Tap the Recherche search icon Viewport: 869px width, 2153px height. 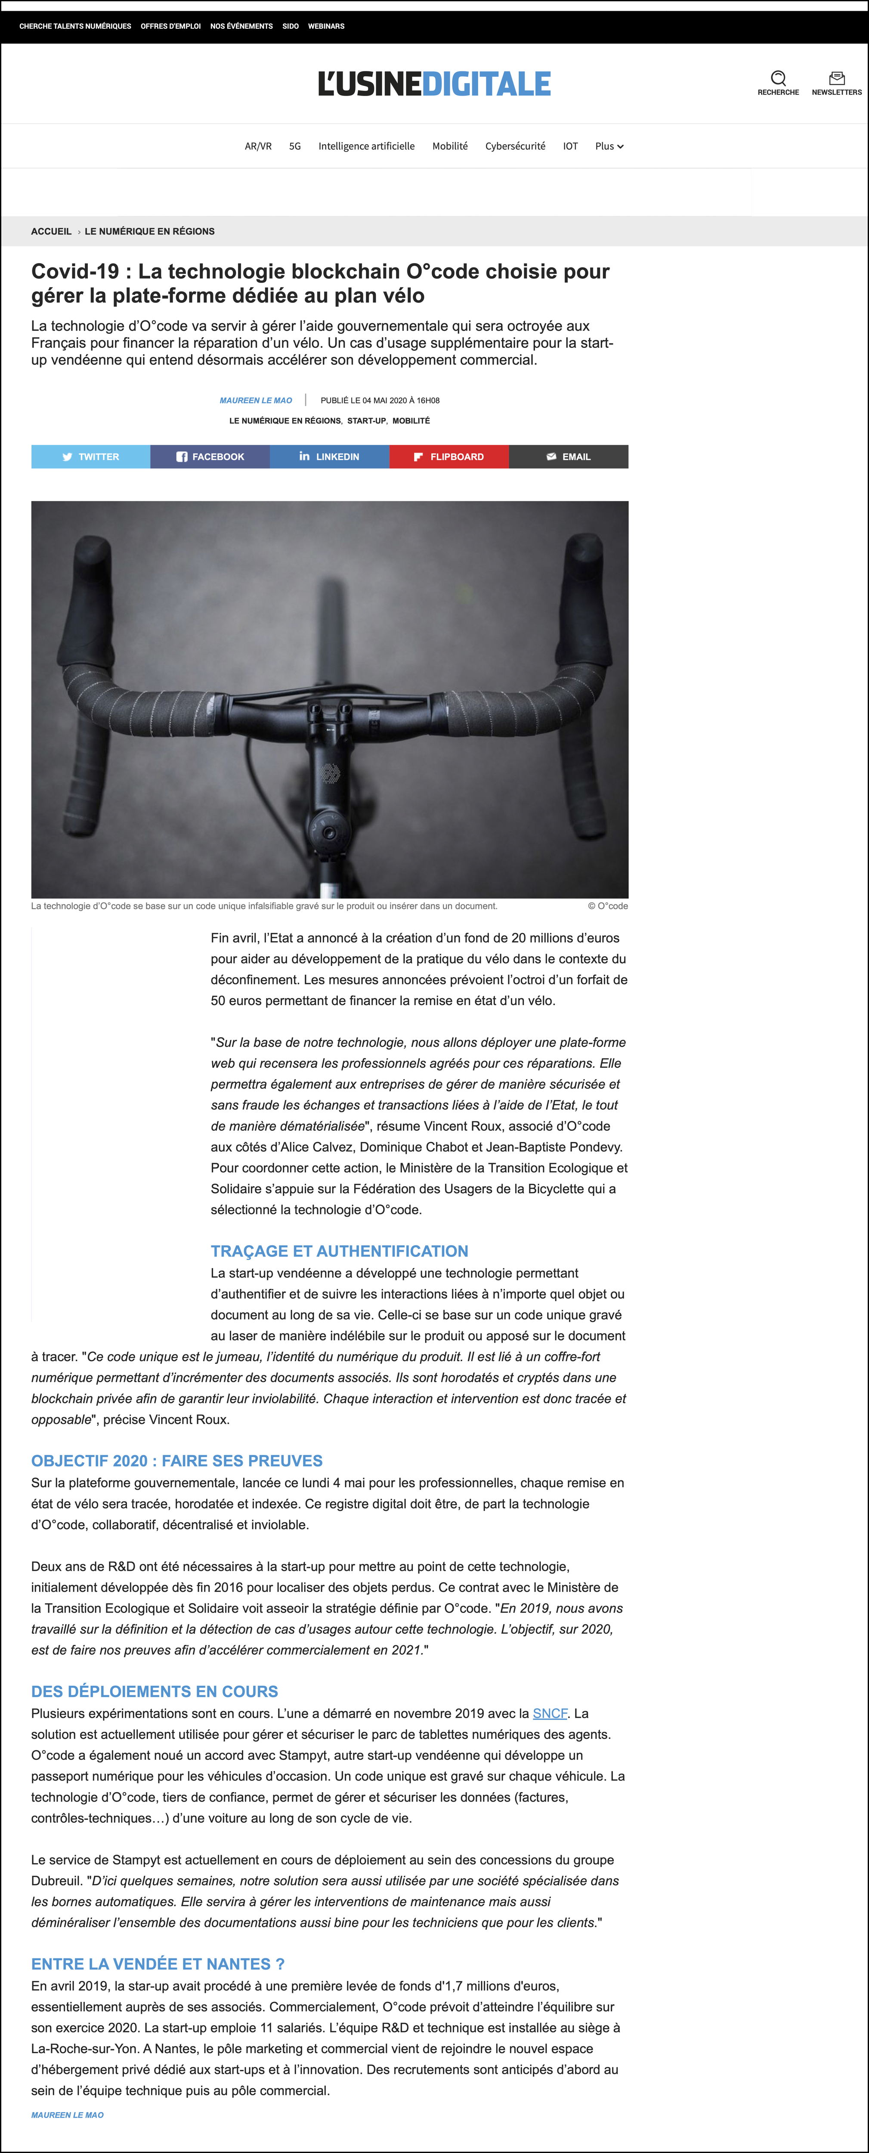tap(778, 78)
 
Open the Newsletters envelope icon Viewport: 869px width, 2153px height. tap(836, 78)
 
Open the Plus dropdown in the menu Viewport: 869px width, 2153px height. tap(609, 146)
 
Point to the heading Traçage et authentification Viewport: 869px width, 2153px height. tap(339, 1251)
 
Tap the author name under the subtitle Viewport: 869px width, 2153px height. tap(256, 400)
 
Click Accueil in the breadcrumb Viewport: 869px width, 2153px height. tap(51, 232)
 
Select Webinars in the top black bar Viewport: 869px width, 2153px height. tap(326, 26)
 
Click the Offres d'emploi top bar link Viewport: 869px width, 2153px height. tap(170, 26)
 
